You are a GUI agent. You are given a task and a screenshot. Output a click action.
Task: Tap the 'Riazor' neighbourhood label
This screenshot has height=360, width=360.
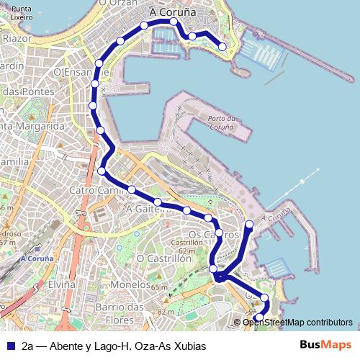(16, 37)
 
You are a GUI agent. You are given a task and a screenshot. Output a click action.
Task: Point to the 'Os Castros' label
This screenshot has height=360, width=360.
(212, 235)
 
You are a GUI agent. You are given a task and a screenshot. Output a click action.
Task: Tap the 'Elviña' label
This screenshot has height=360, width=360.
(62, 284)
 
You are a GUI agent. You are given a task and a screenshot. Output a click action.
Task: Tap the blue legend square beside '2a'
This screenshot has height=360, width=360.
(9, 346)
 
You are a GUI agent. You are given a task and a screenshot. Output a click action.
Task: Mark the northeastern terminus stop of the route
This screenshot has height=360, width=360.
(222, 47)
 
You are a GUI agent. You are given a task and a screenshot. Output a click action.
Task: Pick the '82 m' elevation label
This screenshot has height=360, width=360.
(165, 312)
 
